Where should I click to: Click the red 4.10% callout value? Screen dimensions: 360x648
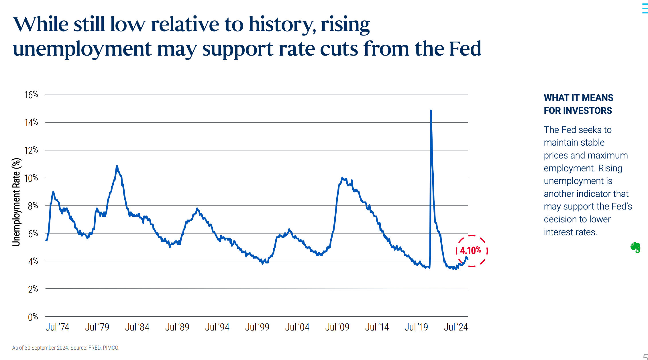[470, 251]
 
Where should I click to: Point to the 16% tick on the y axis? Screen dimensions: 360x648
[31, 95]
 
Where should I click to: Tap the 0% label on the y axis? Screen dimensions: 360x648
[33, 317]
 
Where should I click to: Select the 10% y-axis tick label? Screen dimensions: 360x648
[31, 178]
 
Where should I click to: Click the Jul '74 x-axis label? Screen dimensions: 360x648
[57, 327]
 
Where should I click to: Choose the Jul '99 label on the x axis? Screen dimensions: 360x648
[257, 327]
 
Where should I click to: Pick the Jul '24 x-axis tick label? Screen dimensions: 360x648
[455, 327]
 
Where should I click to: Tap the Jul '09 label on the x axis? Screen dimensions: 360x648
[337, 327]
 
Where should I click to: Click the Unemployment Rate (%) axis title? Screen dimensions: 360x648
[16, 202]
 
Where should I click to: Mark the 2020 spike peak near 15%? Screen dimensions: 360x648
[431, 111]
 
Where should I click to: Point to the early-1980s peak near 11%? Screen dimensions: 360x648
[117, 166]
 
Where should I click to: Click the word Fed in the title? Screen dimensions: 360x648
[465, 48]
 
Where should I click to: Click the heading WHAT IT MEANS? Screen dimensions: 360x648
[578, 98]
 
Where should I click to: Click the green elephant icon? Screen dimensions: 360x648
[635, 247]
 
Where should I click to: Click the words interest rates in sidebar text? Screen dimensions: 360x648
[570, 232]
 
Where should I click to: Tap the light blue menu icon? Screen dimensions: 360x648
[645, 9]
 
